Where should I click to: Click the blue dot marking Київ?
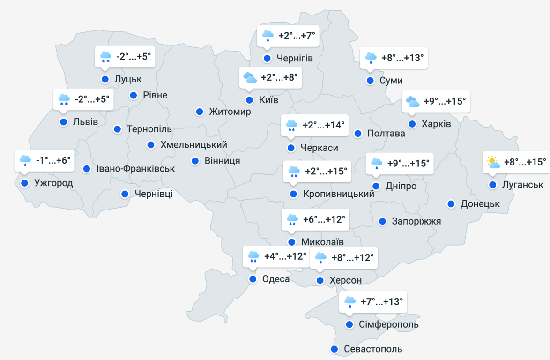pos(249,100)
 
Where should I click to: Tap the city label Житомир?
pos(230,112)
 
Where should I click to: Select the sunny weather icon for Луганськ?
pos(493,162)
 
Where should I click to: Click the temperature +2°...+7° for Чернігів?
pos(297,36)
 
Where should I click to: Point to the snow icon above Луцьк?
pos(105,57)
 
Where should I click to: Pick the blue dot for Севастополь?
pos(334,349)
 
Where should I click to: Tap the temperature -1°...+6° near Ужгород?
pos(53,160)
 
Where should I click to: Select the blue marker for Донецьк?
pos(451,204)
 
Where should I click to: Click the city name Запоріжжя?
pos(416,221)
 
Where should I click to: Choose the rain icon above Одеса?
pos(253,256)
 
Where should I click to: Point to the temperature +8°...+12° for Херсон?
pos(352,257)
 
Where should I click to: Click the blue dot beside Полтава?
pos(358,134)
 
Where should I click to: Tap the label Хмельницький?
pos(193,145)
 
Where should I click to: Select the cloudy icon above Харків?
pos(413,101)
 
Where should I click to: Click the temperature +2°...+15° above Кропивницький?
pos(326,171)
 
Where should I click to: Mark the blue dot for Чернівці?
pos(125,194)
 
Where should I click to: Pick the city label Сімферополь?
pos(388,324)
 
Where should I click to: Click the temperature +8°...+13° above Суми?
pos(402,58)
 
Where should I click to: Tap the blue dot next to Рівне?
pos(134,95)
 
